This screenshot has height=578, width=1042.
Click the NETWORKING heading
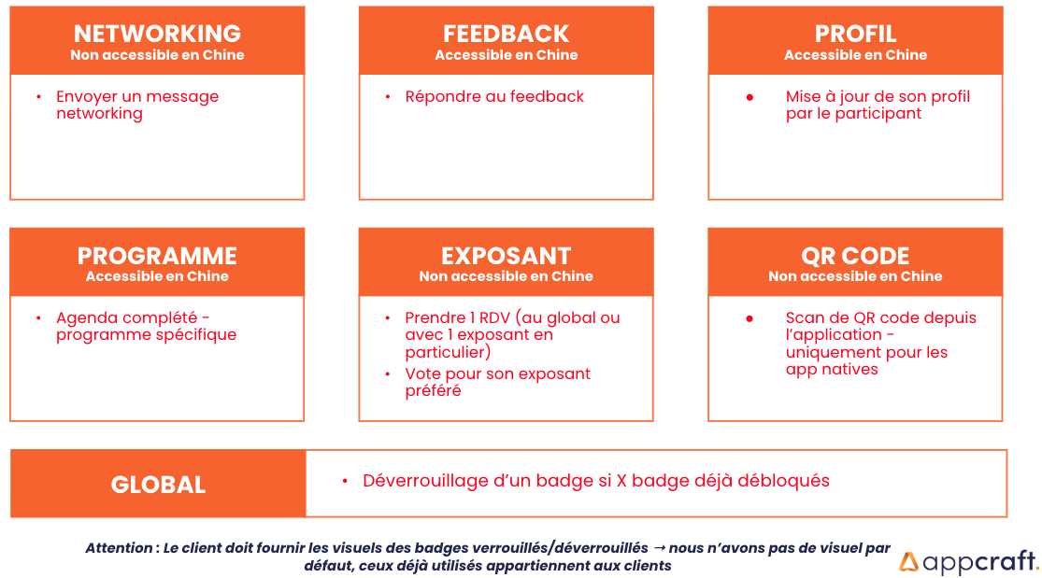click(x=158, y=34)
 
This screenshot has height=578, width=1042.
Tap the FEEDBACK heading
click(x=507, y=34)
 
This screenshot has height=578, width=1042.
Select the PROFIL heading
click(x=855, y=34)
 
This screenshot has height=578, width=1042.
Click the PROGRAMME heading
click(x=158, y=256)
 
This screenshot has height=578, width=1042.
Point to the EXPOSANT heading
click(x=507, y=256)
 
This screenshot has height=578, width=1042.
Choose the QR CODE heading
click(x=855, y=256)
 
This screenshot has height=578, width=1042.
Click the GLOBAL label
click(x=158, y=485)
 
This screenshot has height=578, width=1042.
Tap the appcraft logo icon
click(x=909, y=562)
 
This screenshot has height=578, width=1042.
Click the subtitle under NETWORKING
click(x=158, y=55)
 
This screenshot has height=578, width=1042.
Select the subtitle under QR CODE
click(x=855, y=276)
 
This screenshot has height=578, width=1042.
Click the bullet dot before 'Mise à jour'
click(x=749, y=98)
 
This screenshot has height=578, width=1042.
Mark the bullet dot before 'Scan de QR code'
click(x=749, y=319)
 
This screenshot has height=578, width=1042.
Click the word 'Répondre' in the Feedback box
click(x=443, y=97)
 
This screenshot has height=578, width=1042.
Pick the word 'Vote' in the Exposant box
click(x=422, y=374)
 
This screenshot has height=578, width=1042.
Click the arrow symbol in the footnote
click(x=659, y=548)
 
